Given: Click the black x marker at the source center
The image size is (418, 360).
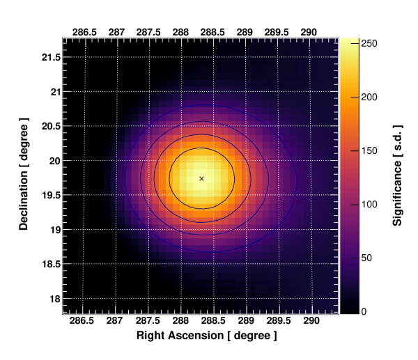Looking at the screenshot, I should [x=201, y=178].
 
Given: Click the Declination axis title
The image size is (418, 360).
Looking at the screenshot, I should [x=24, y=173].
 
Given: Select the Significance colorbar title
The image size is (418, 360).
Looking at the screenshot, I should [x=398, y=173].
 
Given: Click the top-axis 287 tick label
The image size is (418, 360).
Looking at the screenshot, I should [x=116, y=32].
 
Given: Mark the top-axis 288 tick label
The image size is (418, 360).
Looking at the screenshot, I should [x=181, y=32].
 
